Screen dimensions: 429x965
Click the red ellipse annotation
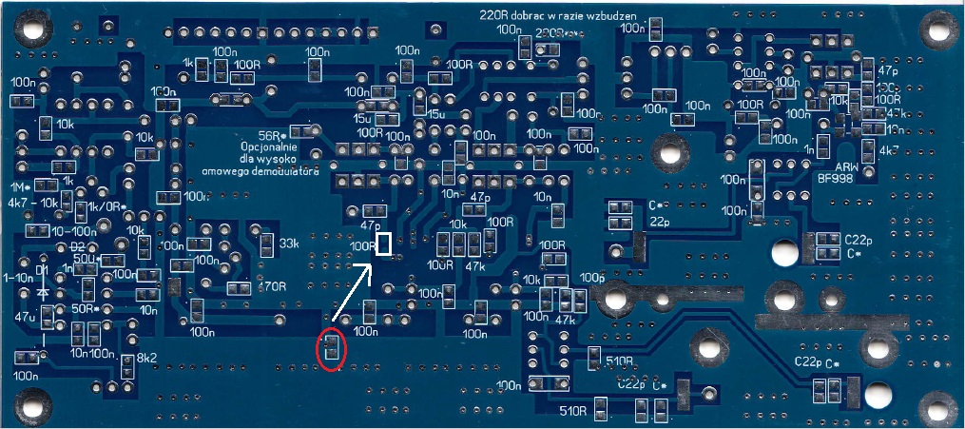point(331,349)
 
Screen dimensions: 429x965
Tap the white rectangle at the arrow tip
point(384,244)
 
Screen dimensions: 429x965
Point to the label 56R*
point(273,134)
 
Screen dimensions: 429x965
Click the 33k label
point(290,244)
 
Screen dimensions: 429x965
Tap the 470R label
point(272,286)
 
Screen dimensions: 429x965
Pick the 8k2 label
point(147,358)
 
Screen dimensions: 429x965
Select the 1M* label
point(21,186)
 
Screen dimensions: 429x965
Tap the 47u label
point(26,316)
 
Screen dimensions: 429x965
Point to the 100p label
point(591,277)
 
